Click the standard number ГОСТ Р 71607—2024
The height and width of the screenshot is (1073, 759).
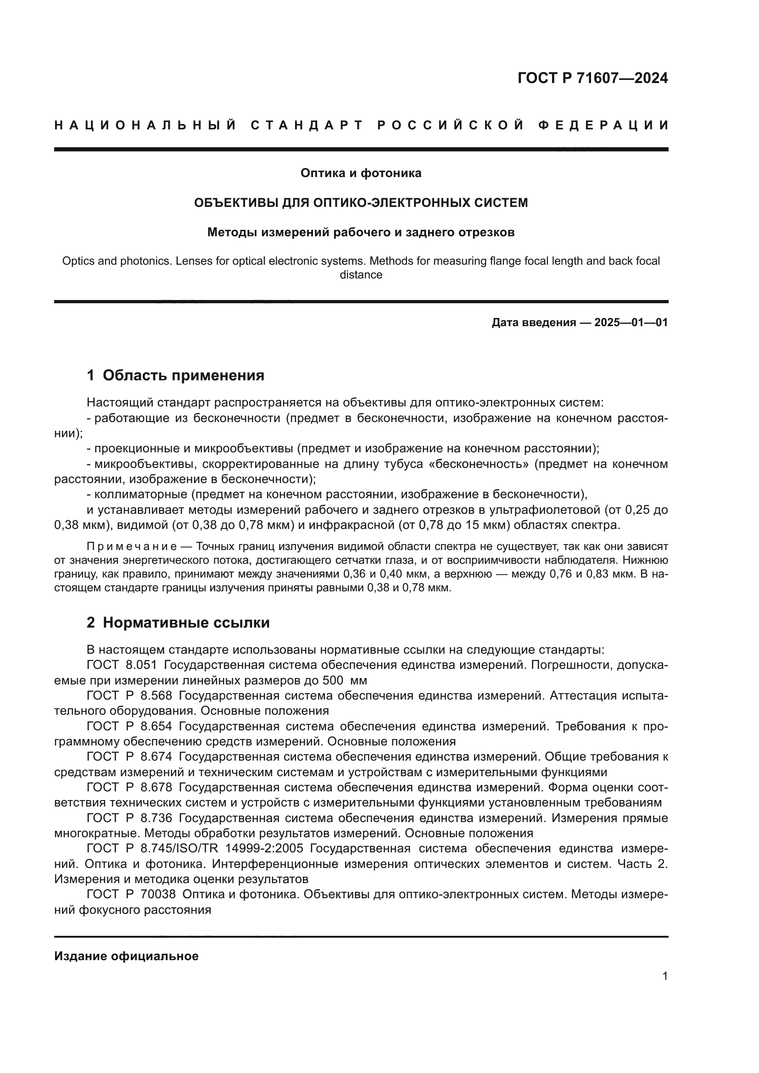[x=592, y=78]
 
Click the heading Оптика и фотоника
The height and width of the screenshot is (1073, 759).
[x=361, y=173]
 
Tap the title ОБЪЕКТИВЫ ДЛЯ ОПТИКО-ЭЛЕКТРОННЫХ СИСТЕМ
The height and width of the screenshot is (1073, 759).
[x=361, y=203]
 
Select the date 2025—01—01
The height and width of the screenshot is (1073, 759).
[x=631, y=322]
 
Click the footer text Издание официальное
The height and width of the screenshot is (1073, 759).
[x=126, y=956]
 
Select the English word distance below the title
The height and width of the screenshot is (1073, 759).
[x=361, y=275]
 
